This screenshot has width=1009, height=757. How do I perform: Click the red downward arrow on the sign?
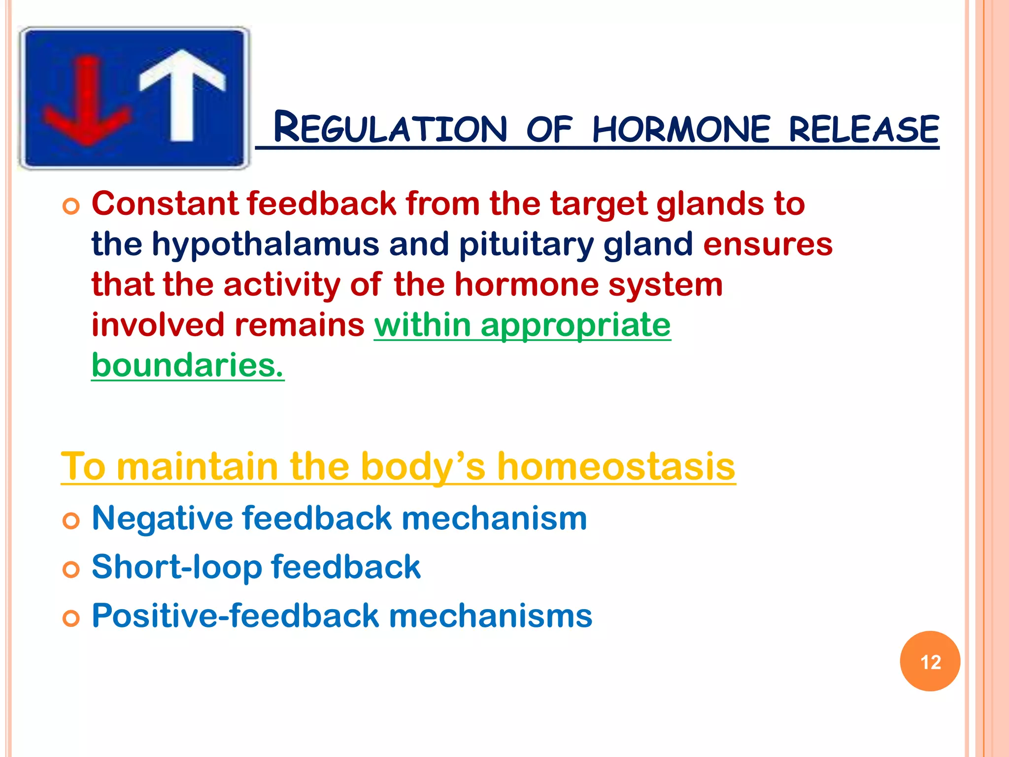coord(88,103)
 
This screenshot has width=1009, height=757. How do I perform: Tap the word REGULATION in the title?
coord(390,129)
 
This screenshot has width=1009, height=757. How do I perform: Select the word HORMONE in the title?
coord(681,129)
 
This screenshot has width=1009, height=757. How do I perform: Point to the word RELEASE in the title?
coord(864,129)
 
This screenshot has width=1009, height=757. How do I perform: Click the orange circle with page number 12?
coord(930,661)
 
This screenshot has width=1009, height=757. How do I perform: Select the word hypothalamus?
coord(265,244)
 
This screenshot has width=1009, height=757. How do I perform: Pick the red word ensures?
coord(768,244)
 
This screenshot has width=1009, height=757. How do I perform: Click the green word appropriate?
coord(575,325)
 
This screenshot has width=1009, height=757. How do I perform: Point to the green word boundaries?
coord(187,366)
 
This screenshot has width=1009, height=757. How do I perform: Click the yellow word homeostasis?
coord(616,466)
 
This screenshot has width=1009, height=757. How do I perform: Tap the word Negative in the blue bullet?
coord(162,518)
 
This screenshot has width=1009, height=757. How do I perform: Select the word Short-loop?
coord(176,567)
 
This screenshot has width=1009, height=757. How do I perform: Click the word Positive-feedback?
coord(235,616)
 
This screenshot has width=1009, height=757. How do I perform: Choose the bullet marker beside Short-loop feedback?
coord(71,570)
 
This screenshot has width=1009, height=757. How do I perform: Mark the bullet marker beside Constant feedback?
coord(71,206)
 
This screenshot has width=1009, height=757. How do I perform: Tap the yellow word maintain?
coord(198,466)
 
